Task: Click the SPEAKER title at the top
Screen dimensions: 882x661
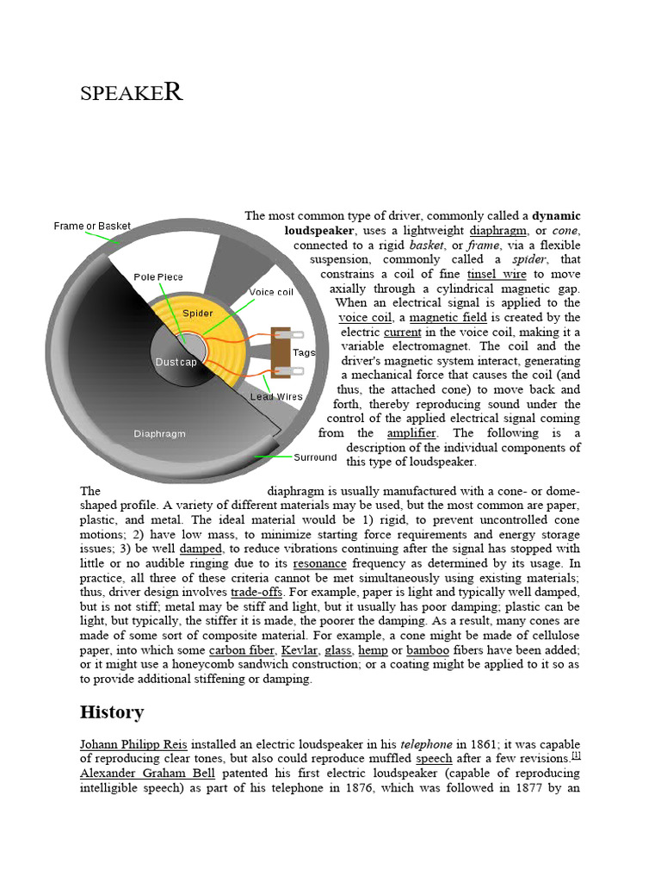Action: [x=131, y=92]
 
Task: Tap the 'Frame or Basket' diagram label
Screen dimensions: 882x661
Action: [x=92, y=226]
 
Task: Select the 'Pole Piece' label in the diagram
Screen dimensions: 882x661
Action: [x=158, y=276]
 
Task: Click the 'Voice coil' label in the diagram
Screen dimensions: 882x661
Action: [x=271, y=292]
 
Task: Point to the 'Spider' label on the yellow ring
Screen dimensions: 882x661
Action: [x=198, y=314]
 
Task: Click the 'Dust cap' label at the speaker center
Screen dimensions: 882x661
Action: [x=177, y=363]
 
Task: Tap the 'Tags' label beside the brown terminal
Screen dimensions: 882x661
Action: [x=304, y=352]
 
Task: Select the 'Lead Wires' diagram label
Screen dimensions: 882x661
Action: [x=276, y=396]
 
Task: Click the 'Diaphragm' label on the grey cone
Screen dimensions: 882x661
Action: [x=159, y=433]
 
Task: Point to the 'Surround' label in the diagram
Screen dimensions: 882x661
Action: [x=314, y=457]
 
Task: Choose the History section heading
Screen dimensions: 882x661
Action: [x=112, y=712]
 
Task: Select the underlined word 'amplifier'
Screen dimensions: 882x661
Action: [x=411, y=433]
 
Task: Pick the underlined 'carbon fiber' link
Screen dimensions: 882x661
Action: [x=241, y=650]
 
